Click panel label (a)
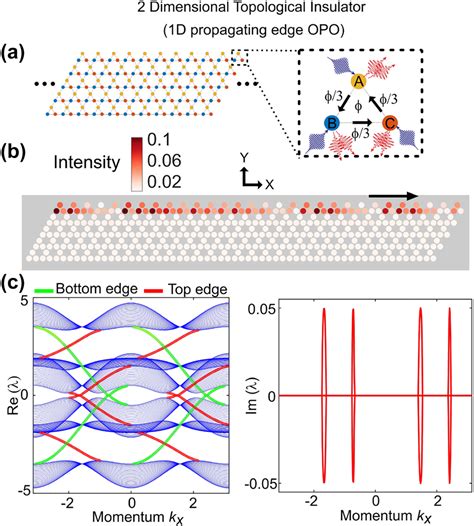point(18,49)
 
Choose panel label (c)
point(18,282)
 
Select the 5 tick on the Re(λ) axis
point(24,305)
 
